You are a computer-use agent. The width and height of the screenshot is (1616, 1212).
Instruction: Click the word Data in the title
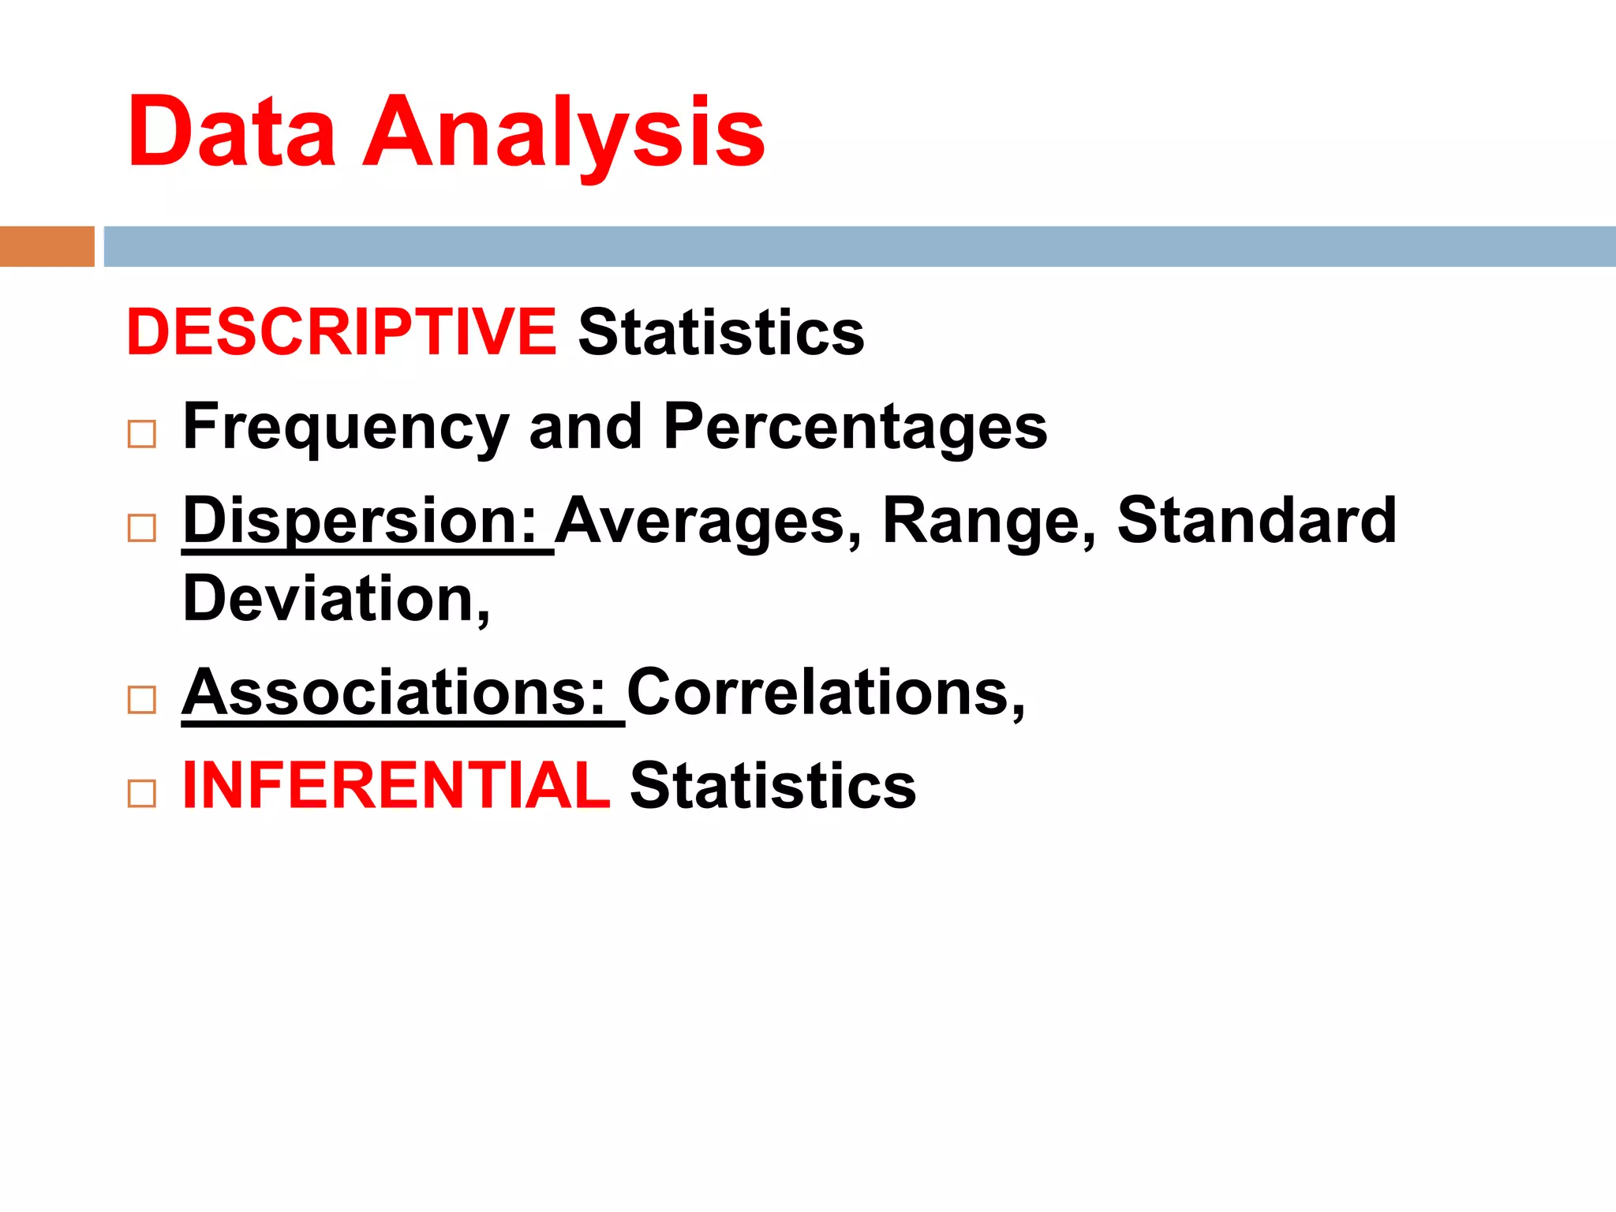click(x=231, y=131)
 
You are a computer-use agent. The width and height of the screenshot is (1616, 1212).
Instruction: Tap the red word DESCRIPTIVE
click(x=342, y=332)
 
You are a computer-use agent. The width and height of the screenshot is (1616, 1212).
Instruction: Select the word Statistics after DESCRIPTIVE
click(x=721, y=332)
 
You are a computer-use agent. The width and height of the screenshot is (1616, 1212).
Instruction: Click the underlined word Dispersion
click(x=361, y=521)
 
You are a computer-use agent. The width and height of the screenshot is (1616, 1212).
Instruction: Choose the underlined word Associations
click(x=394, y=693)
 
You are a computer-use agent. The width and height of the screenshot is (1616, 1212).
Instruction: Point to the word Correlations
click(x=825, y=693)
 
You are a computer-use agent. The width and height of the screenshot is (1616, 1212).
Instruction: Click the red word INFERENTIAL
click(x=396, y=786)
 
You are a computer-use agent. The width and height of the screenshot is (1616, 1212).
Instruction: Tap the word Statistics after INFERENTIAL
click(x=773, y=786)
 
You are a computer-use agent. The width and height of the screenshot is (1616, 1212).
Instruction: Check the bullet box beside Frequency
click(x=142, y=434)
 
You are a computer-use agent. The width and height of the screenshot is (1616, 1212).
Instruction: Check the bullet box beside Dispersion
click(x=142, y=528)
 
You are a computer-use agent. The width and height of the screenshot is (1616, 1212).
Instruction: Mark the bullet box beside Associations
click(x=142, y=700)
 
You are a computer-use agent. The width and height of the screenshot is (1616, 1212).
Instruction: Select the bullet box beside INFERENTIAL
click(x=142, y=793)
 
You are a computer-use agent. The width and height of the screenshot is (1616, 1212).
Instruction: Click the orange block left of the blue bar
click(x=47, y=246)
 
